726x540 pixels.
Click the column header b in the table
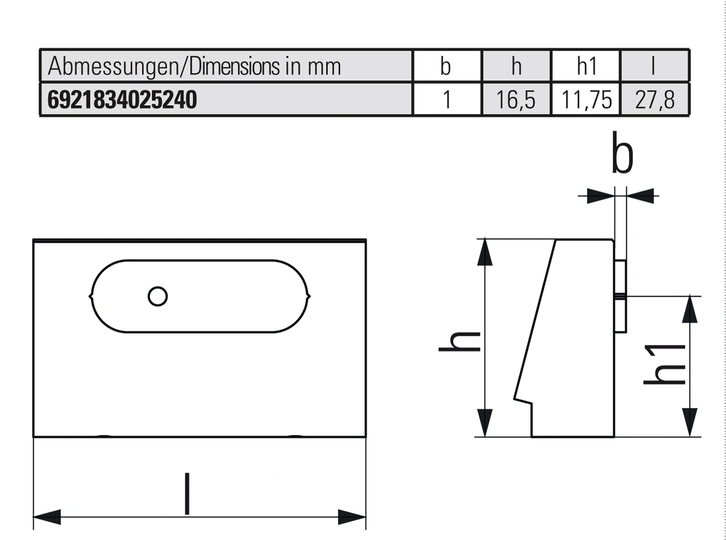coord(446,67)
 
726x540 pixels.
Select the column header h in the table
coord(516,67)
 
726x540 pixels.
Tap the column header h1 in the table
coord(586,67)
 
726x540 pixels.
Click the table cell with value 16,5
coord(516,100)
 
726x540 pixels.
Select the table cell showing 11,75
coord(586,100)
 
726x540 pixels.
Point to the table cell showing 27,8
coord(655,100)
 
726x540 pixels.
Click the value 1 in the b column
coord(446,100)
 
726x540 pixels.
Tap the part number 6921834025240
coord(122,100)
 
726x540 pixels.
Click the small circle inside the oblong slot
coord(157,296)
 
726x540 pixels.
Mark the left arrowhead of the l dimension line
coord(47,517)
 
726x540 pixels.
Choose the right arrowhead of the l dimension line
coord(352,517)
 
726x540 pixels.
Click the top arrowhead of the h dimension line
coord(484,252)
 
